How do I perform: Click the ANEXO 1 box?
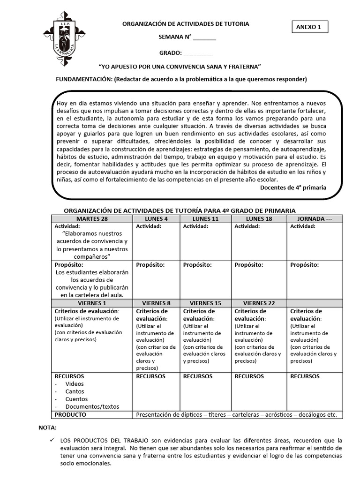309,27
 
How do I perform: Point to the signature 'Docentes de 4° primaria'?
293,187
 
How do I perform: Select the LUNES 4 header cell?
156,219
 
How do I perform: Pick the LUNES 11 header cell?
205,219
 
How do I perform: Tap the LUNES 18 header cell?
259,219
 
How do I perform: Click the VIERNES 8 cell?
156,303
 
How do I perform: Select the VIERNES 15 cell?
205,303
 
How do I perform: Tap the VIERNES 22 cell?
259,303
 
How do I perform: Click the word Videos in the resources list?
75,384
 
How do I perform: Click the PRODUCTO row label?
70,415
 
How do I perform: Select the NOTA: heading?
47,428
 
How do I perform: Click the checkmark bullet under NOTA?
52,440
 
